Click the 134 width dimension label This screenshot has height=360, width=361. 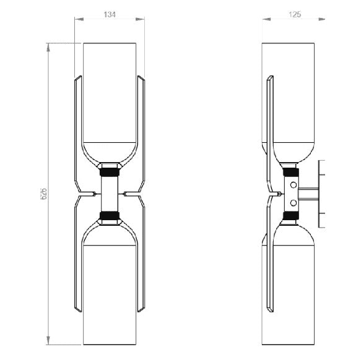click(x=110, y=14)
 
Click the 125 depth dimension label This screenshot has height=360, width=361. click(x=295, y=14)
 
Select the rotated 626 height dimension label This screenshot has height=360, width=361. click(x=43, y=194)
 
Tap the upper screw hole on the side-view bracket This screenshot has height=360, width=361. click(x=294, y=185)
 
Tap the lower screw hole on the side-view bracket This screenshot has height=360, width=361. click(x=294, y=203)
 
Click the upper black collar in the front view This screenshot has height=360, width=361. click(x=110, y=172)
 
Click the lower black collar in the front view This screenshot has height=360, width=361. click(x=110, y=215)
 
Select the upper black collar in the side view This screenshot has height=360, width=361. click(x=291, y=172)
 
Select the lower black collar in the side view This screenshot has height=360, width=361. click(x=291, y=215)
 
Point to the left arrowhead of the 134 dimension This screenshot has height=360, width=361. click(x=79, y=19)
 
